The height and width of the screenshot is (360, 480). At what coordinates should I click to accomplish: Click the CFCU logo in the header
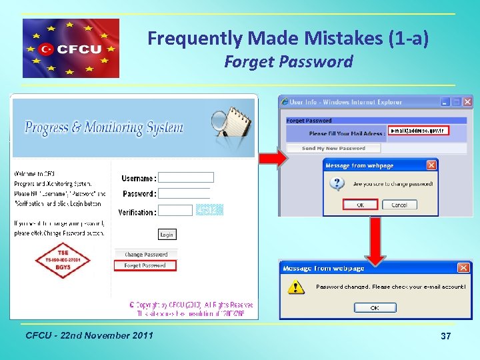71,48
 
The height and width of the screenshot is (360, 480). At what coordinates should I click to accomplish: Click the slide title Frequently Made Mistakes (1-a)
288,39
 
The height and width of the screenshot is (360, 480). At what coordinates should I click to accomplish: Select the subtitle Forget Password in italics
288,62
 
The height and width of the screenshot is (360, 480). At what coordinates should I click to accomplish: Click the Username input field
186,177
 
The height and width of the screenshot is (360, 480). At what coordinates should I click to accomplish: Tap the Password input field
186,193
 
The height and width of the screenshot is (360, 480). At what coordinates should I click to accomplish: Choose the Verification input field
175,211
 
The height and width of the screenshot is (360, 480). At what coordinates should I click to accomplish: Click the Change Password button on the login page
146,255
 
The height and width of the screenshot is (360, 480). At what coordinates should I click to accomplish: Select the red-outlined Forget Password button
145,265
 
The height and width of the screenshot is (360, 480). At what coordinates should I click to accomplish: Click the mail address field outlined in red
417,131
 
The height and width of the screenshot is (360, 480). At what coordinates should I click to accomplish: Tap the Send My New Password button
333,148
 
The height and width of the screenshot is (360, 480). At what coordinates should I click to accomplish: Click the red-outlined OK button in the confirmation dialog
360,205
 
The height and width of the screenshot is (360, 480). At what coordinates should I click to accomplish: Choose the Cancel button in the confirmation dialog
399,205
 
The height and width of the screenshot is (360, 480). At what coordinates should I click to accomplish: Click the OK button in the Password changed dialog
375,308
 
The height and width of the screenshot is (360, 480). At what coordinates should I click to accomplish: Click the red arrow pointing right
272,159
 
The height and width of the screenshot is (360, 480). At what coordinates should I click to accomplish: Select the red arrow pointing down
376,239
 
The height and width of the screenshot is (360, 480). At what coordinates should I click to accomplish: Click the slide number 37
446,337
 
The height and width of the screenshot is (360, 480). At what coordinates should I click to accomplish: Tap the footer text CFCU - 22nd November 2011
89,335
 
